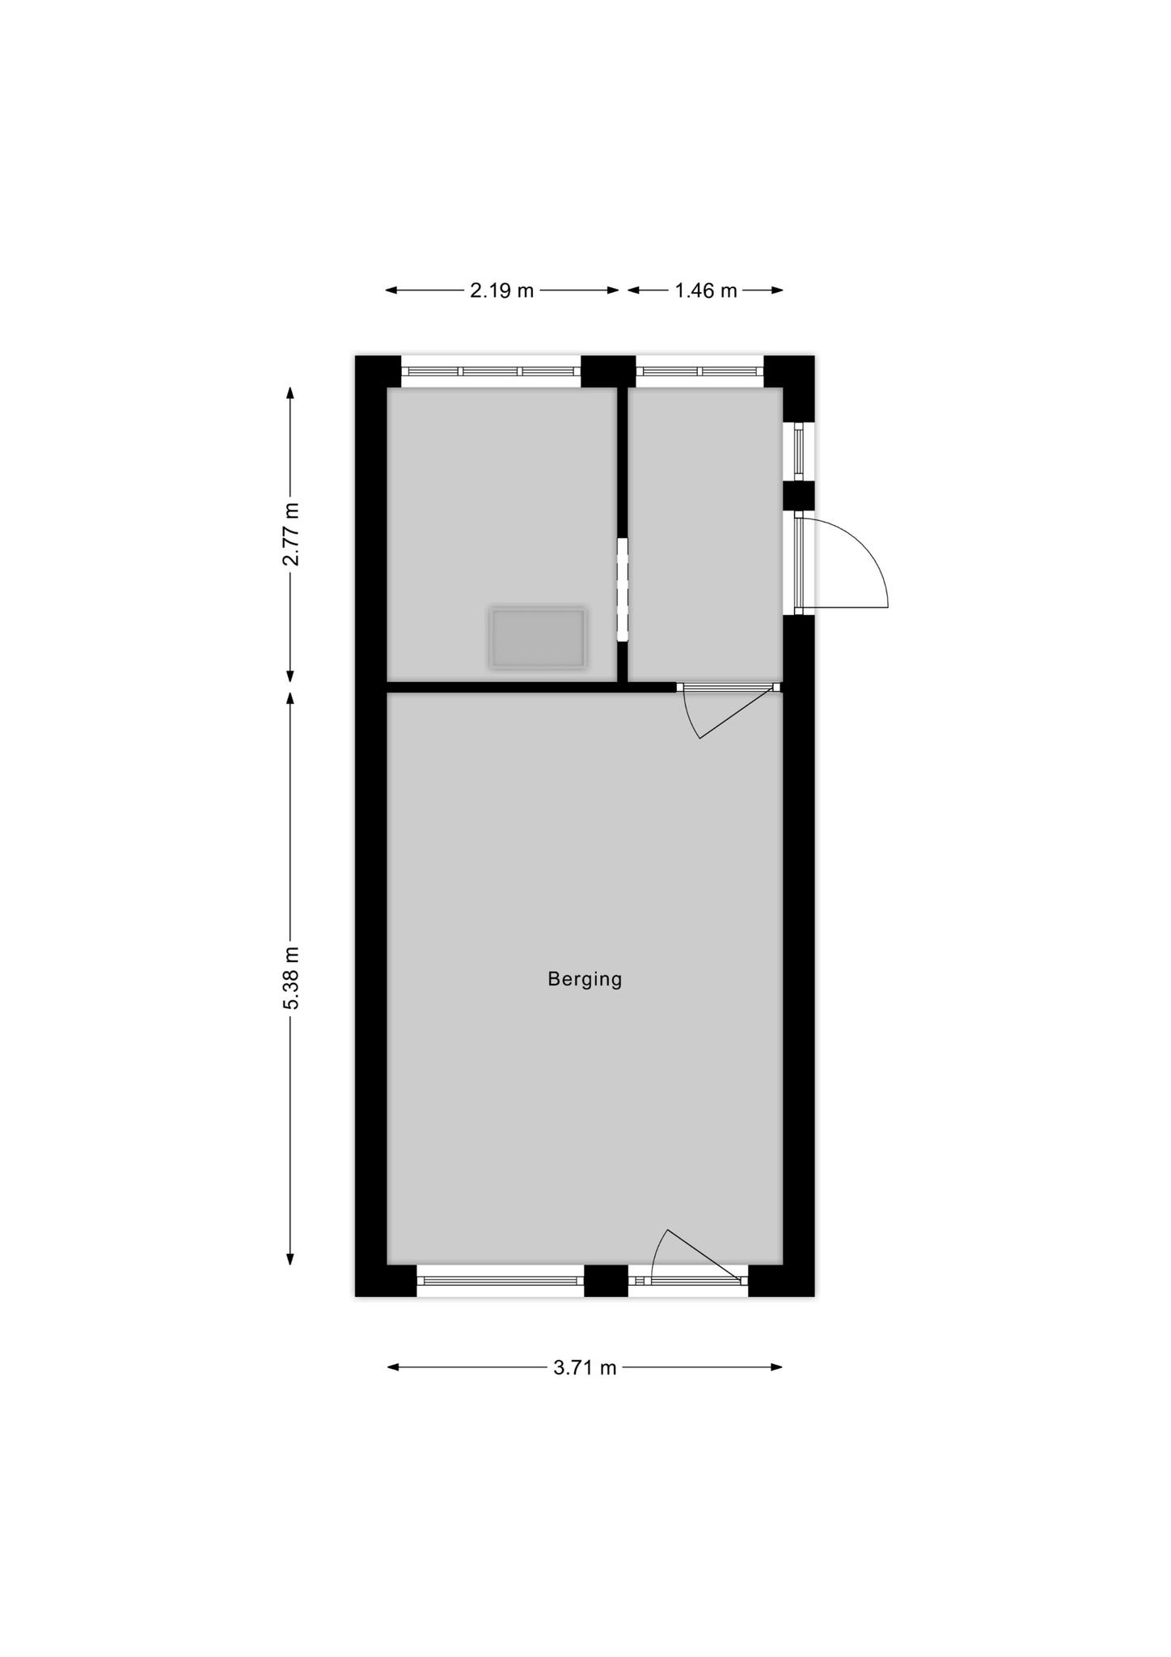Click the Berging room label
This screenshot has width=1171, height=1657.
tap(585, 980)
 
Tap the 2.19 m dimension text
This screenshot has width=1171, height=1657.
tap(502, 290)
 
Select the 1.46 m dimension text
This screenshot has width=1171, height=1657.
tap(706, 290)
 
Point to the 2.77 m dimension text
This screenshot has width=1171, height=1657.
tap(291, 534)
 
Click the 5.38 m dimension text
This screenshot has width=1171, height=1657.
tap(291, 977)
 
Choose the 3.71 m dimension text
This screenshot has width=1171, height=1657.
tap(585, 1367)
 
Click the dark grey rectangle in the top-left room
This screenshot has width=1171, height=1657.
tap(538, 638)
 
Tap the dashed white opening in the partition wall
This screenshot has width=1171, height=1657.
tap(623, 590)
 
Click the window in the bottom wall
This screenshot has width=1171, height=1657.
tap(501, 1281)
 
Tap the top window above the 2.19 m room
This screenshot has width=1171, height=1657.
tap(491, 371)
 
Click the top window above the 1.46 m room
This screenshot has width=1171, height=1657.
tap(700, 371)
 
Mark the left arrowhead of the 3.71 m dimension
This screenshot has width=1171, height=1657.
tap(393, 1367)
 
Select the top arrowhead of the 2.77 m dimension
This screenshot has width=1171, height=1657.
tap(290, 393)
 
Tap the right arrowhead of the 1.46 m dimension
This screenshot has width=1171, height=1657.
tap(777, 290)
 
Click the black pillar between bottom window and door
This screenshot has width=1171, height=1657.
tap(606, 1281)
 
